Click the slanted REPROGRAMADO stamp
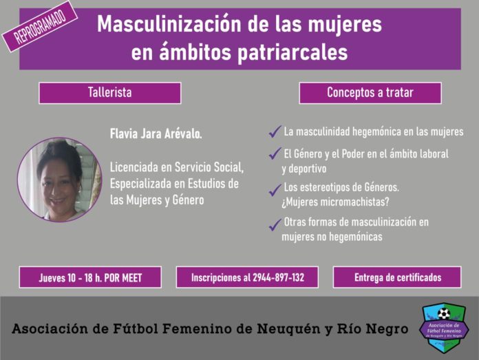(x=40, y=27)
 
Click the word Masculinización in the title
(x=169, y=24)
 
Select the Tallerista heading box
(x=110, y=93)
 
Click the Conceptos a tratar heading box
(x=370, y=93)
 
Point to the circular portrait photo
(x=60, y=180)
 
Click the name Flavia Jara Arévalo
(x=156, y=134)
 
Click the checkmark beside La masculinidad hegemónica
(x=275, y=131)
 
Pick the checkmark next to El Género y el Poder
(x=275, y=153)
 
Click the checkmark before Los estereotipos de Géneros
(x=275, y=190)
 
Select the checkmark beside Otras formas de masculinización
(x=275, y=224)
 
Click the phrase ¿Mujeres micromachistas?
(x=335, y=202)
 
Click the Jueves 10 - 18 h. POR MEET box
(x=90, y=277)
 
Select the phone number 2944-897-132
(x=278, y=277)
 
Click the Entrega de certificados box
(x=397, y=277)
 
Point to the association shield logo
(x=444, y=327)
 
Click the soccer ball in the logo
(x=444, y=314)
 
